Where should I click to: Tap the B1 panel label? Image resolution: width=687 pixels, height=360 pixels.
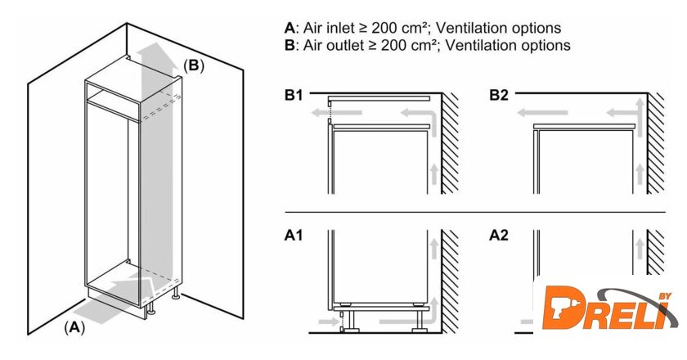tap(294, 96)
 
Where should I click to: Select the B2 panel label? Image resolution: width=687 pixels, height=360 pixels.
tap(499, 96)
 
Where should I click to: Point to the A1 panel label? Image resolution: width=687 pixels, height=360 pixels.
tap(294, 236)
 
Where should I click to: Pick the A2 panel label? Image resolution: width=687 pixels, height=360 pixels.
tap(499, 236)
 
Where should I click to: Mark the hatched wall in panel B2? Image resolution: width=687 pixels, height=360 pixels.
tap(656, 143)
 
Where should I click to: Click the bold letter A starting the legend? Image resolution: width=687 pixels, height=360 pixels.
tap(289, 28)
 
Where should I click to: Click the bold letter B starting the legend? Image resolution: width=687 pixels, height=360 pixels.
tap(289, 45)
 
